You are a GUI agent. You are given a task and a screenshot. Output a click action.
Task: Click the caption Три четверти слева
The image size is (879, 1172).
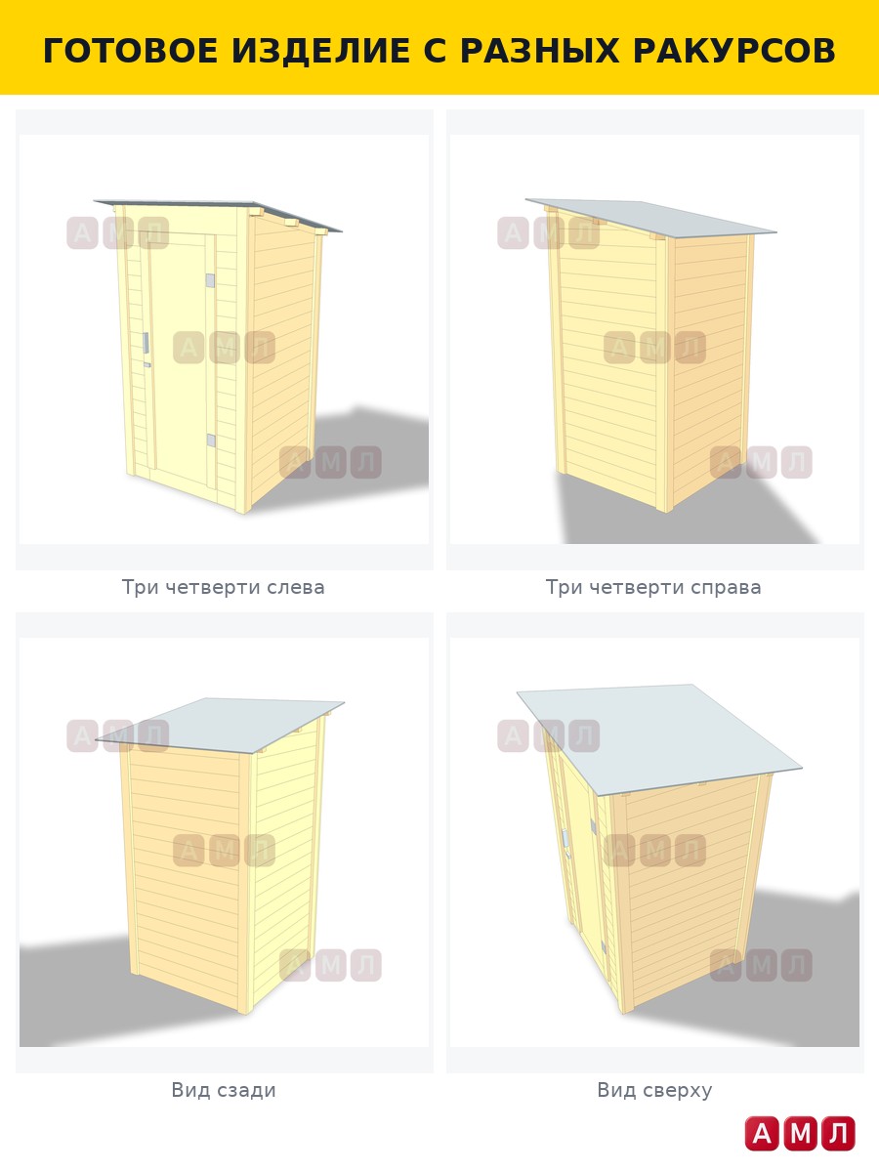[x=223, y=587]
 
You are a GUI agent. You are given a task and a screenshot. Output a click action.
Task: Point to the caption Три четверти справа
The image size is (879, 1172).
[x=653, y=587]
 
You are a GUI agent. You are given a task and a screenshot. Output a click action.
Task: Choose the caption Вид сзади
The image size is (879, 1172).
[x=224, y=1090]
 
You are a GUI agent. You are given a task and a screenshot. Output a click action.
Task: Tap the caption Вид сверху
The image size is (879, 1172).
[x=654, y=1090]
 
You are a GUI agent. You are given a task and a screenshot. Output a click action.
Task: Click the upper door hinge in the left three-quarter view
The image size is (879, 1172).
[x=210, y=281]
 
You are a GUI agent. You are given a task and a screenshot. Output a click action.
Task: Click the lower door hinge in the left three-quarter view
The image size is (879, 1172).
[x=211, y=440]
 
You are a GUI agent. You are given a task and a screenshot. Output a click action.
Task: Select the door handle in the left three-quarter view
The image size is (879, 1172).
[x=146, y=343]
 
